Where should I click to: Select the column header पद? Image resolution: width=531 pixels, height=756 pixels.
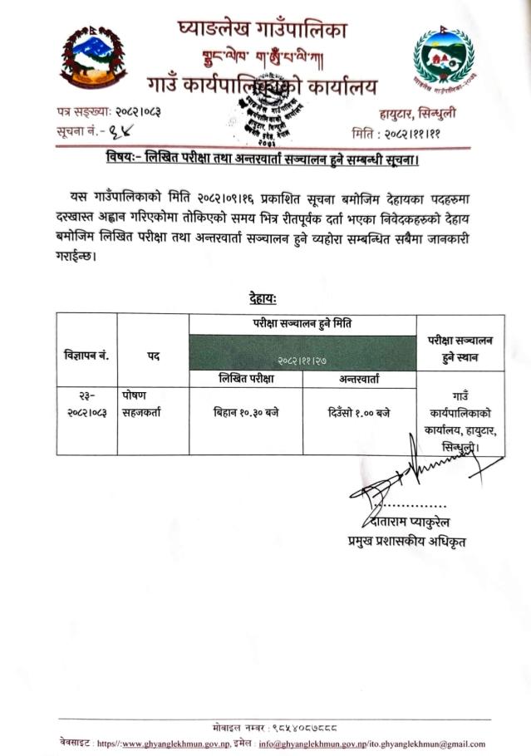pyautogui.click(x=154, y=355)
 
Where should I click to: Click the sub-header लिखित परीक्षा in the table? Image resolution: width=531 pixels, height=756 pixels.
pyautogui.click(x=246, y=379)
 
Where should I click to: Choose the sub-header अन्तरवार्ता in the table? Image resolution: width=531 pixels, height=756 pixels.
pyautogui.click(x=360, y=379)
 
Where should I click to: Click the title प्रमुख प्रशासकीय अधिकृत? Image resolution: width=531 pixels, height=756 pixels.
pyautogui.click(x=406, y=542)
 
